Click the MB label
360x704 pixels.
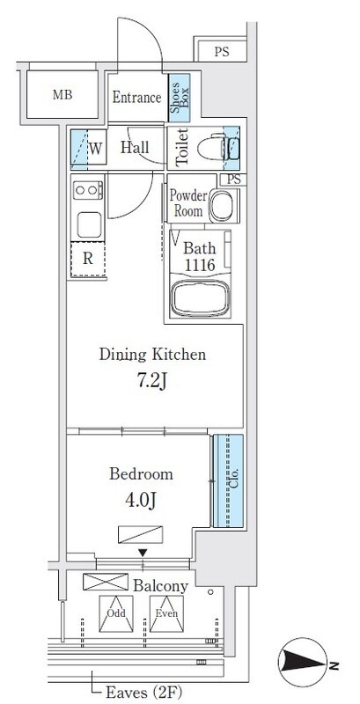(62, 95)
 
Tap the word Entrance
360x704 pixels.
(136, 97)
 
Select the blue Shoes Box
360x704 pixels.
(179, 98)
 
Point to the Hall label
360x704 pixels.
(135, 148)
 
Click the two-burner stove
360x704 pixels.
(87, 190)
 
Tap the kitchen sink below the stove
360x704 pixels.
(89, 224)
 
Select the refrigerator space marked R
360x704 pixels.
(88, 259)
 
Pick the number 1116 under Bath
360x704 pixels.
(199, 265)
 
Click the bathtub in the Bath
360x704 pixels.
(200, 298)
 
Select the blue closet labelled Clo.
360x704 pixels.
(229, 480)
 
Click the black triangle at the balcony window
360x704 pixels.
(143, 553)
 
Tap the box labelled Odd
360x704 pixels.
(116, 613)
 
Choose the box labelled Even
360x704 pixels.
(166, 613)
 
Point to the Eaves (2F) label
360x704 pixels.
(144, 692)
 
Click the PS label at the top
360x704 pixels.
(221, 52)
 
